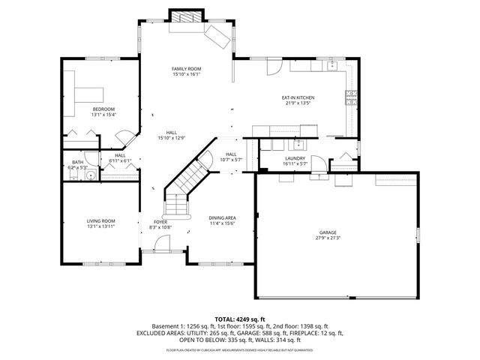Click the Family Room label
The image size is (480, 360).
pyautogui.click(x=187, y=69)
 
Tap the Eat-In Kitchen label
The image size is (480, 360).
pyautogui.click(x=297, y=98)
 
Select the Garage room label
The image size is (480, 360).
pyautogui.click(x=327, y=232)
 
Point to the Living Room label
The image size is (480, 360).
pyautogui.click(x=100, y=220)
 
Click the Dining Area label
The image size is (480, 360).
pyautogui.click(x=222, y=217)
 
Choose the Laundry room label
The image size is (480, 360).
pyautogui.click(x=293, y=158)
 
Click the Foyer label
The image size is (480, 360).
pyautogui.click(x=160, y=222)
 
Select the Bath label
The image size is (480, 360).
pyautogui.click(x=77, y=162)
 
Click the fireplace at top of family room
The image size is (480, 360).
pyautogui.click(x=185, y=16)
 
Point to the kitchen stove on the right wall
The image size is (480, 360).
pyautogui.click(x=349, y=96)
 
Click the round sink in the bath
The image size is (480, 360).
pyautogui.click(x=89, y=176)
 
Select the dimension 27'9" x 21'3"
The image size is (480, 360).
pyautogui.click(x=327, y=238)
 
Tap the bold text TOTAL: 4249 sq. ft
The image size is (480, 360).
pyautogui.click(x=240, y=319)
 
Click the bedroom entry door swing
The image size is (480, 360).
pyautogui.click(x=124, y=138)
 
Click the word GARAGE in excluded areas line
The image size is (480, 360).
pyautogui.click(x=261, y=332)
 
